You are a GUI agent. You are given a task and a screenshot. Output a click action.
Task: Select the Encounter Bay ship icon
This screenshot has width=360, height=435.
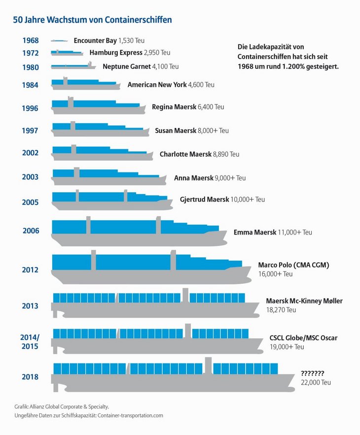59,40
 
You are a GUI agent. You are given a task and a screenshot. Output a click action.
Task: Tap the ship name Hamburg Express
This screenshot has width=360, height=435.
116,52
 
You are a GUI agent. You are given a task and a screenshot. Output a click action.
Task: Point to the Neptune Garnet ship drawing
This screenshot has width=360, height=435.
72,66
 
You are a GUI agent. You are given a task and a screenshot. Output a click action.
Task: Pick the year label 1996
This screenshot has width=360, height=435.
31,108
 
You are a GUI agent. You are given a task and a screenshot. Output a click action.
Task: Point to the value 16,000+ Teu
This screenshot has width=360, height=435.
275,274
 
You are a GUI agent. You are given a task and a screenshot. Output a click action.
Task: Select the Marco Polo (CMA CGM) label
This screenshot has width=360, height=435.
293,265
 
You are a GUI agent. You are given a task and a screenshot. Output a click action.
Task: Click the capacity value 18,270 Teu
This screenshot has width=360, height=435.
281,310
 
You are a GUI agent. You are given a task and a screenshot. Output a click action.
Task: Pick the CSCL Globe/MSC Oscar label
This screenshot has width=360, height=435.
303,338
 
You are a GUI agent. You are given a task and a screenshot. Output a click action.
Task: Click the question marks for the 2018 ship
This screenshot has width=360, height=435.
312,373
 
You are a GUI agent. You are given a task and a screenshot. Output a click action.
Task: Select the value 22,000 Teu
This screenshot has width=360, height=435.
316,382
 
